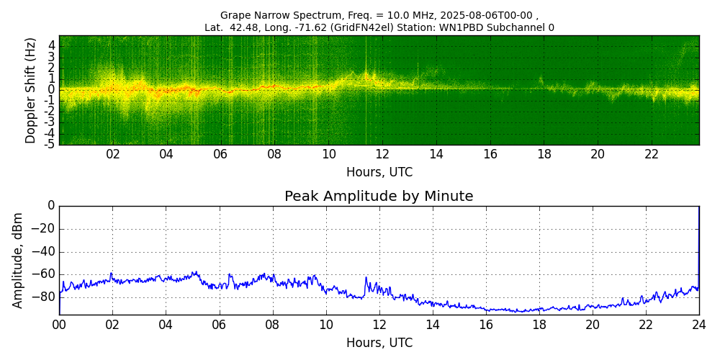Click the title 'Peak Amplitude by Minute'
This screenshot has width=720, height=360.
click(379, 197)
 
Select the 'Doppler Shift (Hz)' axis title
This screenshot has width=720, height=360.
click(31, 91)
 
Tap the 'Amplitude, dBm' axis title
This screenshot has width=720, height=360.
click(19, 260)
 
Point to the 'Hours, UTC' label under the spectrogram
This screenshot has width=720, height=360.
click(379, 173)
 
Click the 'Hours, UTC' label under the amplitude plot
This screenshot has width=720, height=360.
click(379, 343)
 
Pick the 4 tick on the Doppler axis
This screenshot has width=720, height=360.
click(51, 45)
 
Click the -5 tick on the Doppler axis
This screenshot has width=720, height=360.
click(49, 144)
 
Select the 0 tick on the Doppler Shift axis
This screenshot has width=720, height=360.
click(51, 90)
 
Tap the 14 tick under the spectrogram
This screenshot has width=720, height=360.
click(436, 154)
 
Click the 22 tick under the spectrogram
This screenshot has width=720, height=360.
click(651, 154)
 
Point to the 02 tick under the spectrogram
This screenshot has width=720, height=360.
click(113, 154)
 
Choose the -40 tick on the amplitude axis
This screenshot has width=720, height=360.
click(45, 251)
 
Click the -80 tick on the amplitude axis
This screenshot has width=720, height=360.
click(45, 297)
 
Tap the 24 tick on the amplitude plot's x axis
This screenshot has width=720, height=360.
click(698, 325)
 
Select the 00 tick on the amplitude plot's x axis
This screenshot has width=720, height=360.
click(59, 325)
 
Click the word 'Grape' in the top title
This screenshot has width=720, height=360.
click(235, 15)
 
